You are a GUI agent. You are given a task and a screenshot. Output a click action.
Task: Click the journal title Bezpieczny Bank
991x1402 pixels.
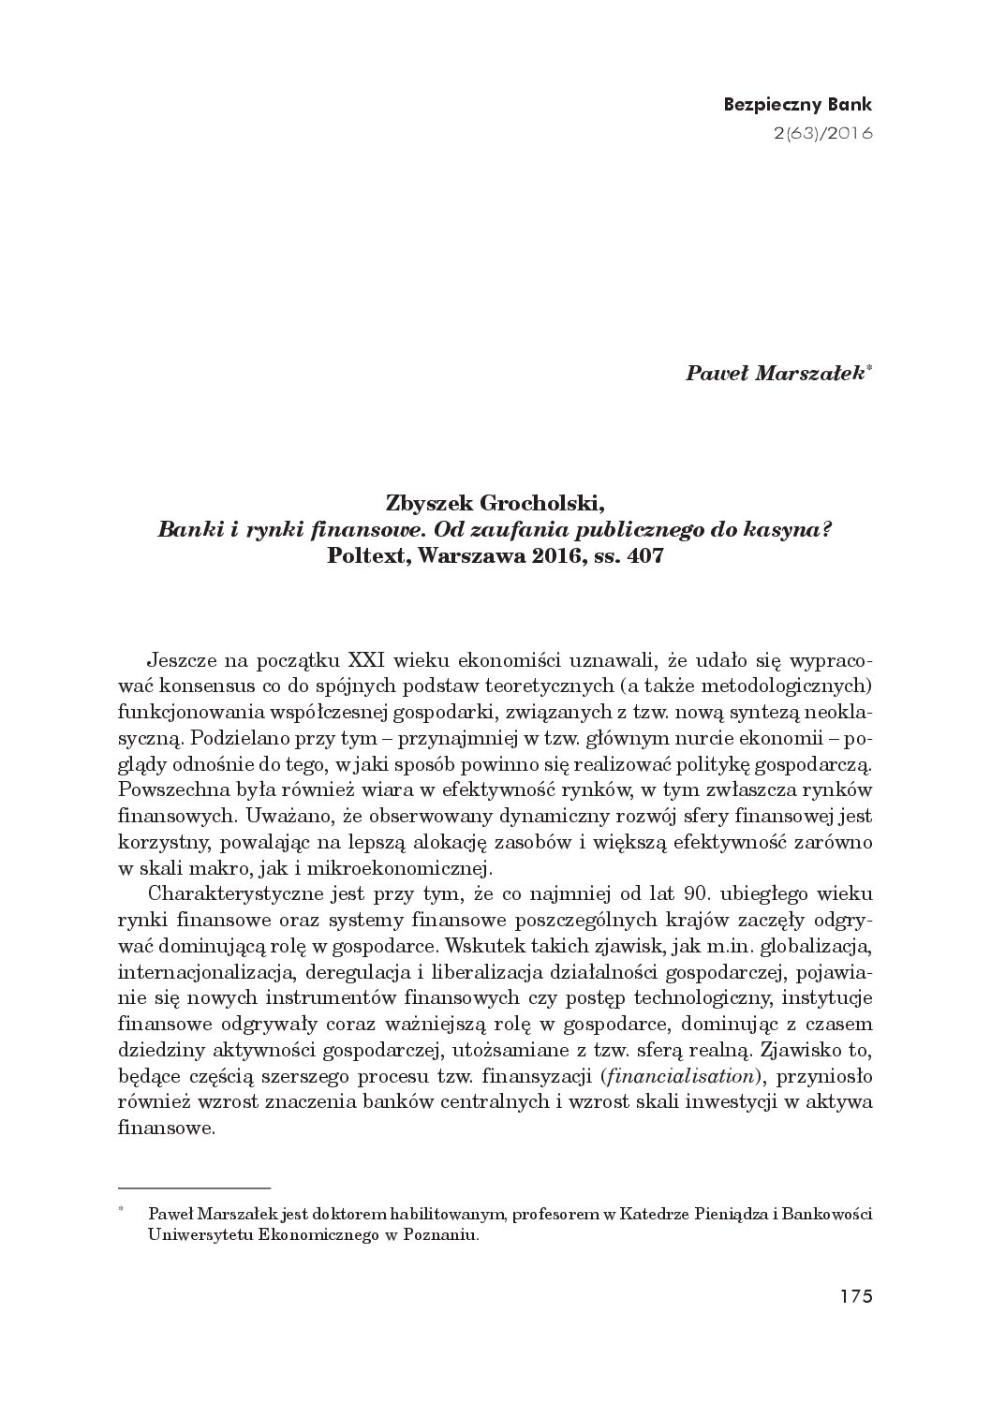pos(797,104)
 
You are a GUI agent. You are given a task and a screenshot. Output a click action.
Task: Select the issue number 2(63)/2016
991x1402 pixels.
pos(822,132)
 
